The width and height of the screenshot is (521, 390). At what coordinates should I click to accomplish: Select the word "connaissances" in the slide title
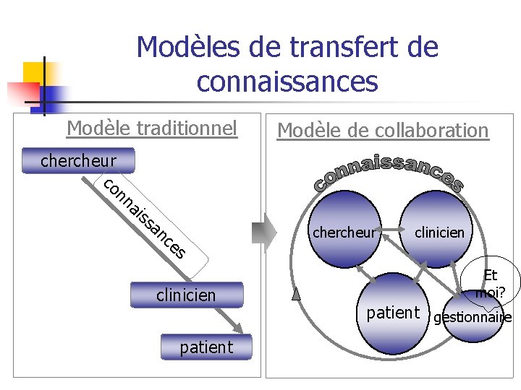(x=287, y=81)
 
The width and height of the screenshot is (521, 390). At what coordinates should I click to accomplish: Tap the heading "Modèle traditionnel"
(x=152, y=129)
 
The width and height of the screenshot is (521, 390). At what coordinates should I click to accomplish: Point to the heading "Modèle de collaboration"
(x=383, y=131)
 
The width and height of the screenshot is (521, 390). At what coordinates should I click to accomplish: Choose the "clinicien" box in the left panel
(x=186, y=295)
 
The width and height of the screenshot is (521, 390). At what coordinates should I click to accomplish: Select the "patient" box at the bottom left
(x=206, y=347)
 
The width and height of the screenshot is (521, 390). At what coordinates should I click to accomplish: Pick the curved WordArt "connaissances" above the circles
(x=389, y=173)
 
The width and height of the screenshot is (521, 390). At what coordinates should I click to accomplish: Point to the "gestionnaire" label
(x=472, y=318)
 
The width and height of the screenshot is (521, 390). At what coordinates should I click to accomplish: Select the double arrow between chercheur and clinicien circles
(x=394, y=231)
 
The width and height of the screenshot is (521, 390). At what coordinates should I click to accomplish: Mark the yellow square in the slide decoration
(x=35, y=72)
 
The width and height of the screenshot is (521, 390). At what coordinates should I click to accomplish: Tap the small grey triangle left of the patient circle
(x=295, y=292)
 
